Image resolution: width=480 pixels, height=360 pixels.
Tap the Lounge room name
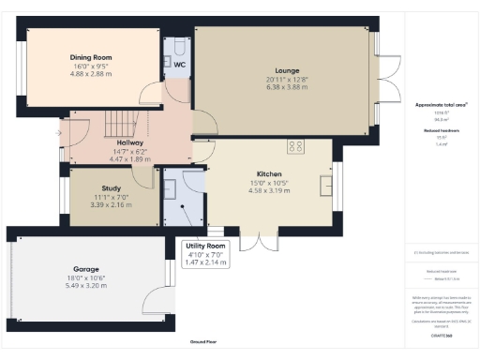point(287,70)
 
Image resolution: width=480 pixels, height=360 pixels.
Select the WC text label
point(178,65)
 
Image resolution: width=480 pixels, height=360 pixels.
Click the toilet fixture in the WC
point(179,46)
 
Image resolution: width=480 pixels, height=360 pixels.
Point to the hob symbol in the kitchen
point(297,146)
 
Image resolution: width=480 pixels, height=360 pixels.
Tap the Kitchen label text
point(270,174)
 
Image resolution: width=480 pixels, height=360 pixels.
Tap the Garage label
point(85,268)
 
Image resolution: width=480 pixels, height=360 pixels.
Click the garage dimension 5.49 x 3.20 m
point(85,285)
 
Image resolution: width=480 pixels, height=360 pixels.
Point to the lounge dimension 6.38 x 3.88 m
point(287,88)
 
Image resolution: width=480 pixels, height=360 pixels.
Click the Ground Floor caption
point(202,343)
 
